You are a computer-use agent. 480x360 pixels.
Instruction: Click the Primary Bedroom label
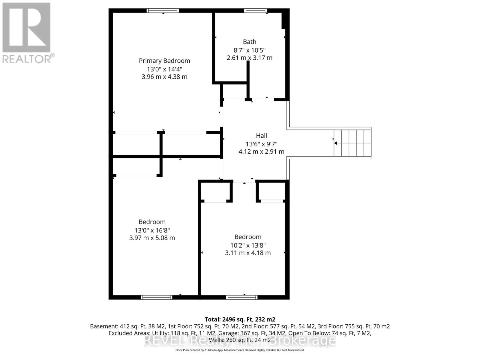164,61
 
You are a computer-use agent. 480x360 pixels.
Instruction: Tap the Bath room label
249,42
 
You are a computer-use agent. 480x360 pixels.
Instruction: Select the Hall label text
261,136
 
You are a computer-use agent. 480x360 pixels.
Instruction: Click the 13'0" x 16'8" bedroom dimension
152,230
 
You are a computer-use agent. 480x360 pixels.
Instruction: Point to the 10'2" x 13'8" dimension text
248,245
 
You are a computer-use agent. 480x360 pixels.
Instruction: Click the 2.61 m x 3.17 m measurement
249,58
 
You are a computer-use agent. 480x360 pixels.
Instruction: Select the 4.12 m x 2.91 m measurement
261,151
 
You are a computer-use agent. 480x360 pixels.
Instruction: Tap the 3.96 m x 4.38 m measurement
164,77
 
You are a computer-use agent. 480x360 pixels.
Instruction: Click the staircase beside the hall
352,143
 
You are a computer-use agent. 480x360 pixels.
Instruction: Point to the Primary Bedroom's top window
163,10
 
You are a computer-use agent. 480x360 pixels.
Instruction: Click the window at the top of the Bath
256,10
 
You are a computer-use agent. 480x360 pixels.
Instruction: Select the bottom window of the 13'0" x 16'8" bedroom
156,297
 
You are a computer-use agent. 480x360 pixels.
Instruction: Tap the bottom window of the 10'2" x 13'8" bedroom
242,297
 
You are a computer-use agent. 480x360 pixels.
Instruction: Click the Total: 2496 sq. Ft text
240,319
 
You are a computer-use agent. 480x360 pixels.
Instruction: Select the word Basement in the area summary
104,326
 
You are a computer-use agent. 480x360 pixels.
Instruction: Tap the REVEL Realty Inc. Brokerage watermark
240,340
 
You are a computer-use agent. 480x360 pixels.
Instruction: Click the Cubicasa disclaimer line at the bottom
240,350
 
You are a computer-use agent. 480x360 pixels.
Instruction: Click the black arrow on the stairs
336,143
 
